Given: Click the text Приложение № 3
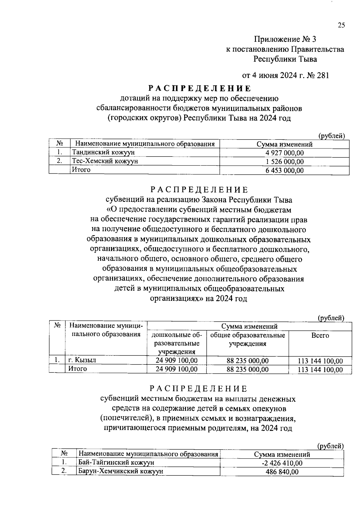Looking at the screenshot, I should pyautogui.click(x=285, y=39).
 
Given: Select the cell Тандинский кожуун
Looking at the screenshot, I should pyautogui.click(x=103, y=152).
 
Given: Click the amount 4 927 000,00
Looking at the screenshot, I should pyautogui.click(x=284, y=153).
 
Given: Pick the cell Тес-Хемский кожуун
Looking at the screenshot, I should pyautogui.click(x=105, y=161).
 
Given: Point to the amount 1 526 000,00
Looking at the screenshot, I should pyautogui.click(x=284, y=162).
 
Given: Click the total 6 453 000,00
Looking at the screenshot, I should pyautogui.click(x=284, y=171).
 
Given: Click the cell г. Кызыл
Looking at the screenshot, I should pyautogui.click(x=82, y=360).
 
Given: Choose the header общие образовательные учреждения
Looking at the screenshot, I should pyautogui.click(x=247, y=339).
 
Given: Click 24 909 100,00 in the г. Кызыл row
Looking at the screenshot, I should pyautogui.click(x=176, y=360).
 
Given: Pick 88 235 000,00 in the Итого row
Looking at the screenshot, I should pyautogui.click(x=247, y=370).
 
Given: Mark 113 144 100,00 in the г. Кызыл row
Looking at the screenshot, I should pyautogui.click(x=320, y=361).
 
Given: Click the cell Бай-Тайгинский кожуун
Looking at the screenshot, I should pyautogui.click(x=116, y=463).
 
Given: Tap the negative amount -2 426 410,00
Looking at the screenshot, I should pyautogui.click(x=282, y=463).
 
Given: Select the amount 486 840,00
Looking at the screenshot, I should pyautogui.click(x=282, y=472).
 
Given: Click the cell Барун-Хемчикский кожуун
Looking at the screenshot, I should pyautogui.click(x=121, y=471).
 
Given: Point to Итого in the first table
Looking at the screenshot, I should pyautogui.click(x=81, y=170).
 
